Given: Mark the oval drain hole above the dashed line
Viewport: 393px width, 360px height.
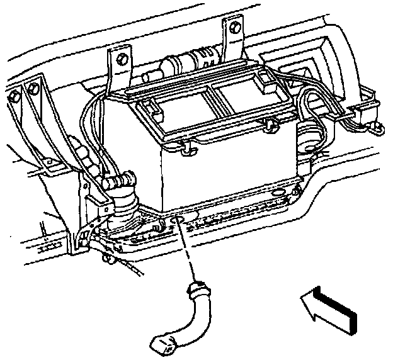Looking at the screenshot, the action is click(176, 220).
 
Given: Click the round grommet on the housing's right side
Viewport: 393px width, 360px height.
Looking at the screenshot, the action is click(307, 135).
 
